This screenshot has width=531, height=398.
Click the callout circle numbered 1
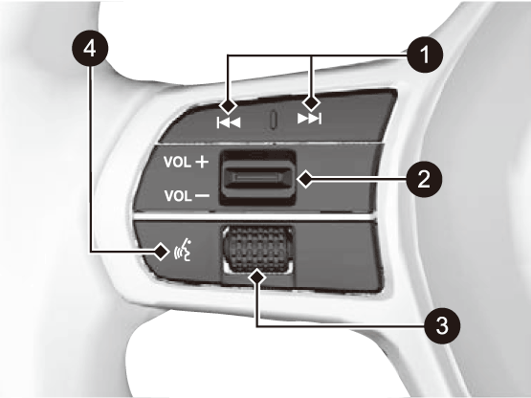click(x=425, y=55)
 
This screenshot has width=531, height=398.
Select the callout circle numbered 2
click(x=424, y=179)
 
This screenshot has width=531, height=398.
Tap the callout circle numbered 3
click(x=442, y=325)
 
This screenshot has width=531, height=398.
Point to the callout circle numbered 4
click(x=90, y=49)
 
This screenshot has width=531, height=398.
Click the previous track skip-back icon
click(x=229, y=122)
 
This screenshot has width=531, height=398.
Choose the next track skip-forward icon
click(x=309, y=119)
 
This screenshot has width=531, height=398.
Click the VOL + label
click(x=186, y=162)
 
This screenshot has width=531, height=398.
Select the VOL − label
click(x=187, y=196)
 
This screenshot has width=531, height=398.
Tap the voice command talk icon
click(x=183, y=251)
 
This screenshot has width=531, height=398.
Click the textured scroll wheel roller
click(x=257, y=250)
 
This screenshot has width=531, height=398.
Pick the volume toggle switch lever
click(x=257, y=178)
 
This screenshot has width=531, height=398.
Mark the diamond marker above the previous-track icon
click(x=228, y=105)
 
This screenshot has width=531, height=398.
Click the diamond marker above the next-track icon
click(x=311, y=102)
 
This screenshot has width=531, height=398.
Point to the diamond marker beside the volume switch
click(x=306, y=179)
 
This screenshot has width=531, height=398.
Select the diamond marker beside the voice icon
click(x=162, y=252)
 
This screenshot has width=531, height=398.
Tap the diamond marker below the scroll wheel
click(x=256, y=277)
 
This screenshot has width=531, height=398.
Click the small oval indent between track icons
click(x=274, y=120)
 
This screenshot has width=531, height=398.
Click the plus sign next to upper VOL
click(x=202, y=162)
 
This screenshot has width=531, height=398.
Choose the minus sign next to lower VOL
click(x=203, y=196)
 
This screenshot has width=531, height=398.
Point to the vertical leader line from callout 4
click(x=91, y=159)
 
